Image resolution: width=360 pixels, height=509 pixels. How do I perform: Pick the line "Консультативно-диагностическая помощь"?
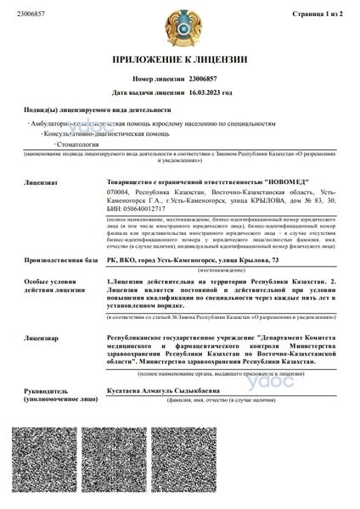[93, 134]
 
